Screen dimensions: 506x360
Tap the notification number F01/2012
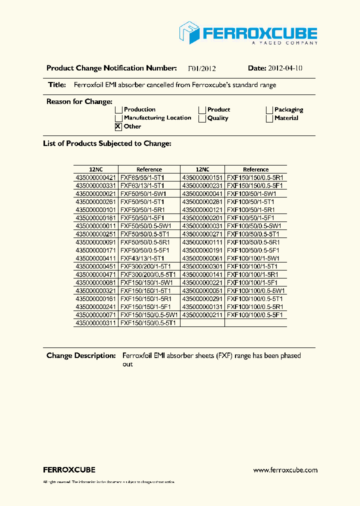[201, 68]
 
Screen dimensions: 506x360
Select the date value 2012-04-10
[285, 68]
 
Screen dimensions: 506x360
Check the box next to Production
[119, 110]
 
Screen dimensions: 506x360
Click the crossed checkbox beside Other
[118, 126]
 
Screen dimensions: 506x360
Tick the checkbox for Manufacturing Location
[119, 118]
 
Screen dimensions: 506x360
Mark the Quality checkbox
[202, 118]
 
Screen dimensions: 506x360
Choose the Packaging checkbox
[269, 110]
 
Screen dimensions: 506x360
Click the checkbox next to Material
[269, 118]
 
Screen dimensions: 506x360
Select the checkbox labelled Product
[202, 110]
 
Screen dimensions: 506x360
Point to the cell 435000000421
[96, 177]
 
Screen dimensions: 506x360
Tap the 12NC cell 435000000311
[96, 323]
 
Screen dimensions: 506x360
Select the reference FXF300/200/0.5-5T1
[148, 274]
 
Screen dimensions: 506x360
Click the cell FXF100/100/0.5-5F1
[255, 315]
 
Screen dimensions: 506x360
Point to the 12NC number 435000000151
[202, 177]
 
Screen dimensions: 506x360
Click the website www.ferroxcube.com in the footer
[285, 470]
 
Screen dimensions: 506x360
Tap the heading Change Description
[81, 355]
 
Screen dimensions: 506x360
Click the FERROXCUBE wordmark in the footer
[69, 470]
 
